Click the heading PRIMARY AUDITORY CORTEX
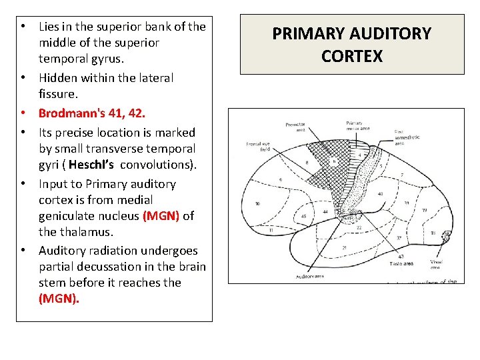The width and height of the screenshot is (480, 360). pos(352,44)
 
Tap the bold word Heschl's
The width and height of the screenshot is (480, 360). pos(91,165)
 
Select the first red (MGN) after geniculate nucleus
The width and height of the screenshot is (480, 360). pos(161,216)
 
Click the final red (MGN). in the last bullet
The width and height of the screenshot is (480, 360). pos(59,299)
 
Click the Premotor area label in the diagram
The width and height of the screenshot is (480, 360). pos(295,126)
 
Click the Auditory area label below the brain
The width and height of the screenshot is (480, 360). pos(310,275)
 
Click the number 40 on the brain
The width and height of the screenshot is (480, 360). pos(379,195)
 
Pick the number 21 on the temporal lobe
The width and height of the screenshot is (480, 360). pos(345,247)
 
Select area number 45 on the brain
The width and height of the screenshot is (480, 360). pos(303,216)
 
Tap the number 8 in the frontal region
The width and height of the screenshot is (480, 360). pos(306,162)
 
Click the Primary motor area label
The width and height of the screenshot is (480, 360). pos(354,127)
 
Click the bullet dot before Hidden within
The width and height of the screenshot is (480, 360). pos(24,78)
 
